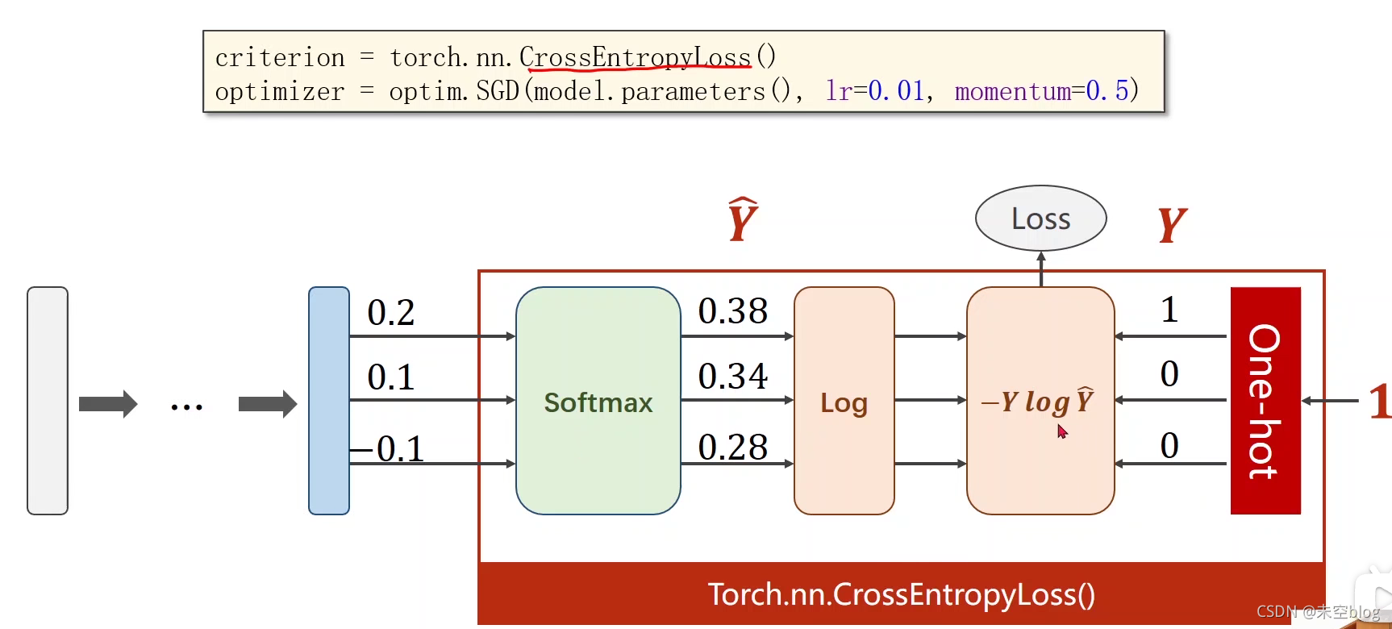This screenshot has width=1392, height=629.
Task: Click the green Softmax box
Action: pyautogui.click(x=598, y=401)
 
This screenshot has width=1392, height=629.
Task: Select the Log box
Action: pyautogui.click(x=844, y=401)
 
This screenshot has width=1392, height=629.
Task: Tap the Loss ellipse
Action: pyautogui.click(x=1040, y=219)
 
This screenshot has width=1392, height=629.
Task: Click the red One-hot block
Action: pyautogui.click(x=1265, y=401)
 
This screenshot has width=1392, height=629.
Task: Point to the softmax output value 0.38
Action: pyautogui.click(x=732, y=311)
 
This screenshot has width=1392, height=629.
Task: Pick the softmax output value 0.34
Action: pyautogui.click(x=732, y=377)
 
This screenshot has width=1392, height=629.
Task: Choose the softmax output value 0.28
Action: pyautogui.click(x=732, y=448)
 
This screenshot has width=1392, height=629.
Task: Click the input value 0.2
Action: pyautogui.click(x=390, y=313)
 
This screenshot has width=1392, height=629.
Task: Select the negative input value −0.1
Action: pyautogui.click(x=389, y=449)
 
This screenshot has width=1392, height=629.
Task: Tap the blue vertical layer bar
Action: pyautogui.click(x=329, y=401)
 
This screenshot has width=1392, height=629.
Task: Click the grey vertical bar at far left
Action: pyautogui.click(x=48, y=401)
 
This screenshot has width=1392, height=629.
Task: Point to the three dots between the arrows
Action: pyautogui.click(x=186, y=406)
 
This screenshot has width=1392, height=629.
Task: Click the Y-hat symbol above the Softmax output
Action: pyautogui.click(x=742, y=219)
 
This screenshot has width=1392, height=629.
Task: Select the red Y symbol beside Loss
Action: pyautogui.click(x=1171, y=224)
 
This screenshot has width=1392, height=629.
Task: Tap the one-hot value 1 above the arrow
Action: pyautogui.click(x=1169, y=310)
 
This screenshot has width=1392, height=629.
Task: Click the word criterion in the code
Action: pyautogui.click(x=280, y=58)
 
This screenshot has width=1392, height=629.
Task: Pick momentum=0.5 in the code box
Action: pyautogui.click(x=1046, y=91)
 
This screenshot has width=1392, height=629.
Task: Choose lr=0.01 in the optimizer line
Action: pyautogui.click(x=876, y=91)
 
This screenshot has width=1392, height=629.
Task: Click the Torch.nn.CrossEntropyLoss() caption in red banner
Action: pyautogui.click(x=901, y=595)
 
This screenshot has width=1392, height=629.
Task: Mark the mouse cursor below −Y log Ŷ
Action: pyautogui.click(x=1061, y=431)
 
